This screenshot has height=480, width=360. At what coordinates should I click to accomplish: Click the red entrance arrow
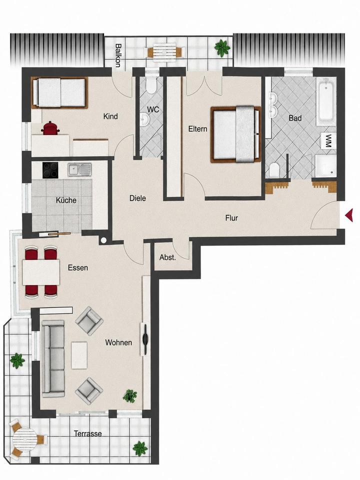[349, 214]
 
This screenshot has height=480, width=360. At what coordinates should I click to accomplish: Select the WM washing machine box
[328, 140]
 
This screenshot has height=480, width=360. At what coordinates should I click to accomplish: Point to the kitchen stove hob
[50, 170]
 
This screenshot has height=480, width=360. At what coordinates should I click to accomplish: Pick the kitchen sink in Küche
[79, 169]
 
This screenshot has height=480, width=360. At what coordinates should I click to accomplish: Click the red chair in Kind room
[50, 128]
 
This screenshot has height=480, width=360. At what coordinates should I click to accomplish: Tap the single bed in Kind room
[59, 93]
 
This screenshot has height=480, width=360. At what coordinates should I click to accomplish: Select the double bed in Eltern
[235, 134]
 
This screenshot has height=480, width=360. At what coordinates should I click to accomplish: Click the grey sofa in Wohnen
[53, 358]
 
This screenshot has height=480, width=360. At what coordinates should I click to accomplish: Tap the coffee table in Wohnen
[79, 355]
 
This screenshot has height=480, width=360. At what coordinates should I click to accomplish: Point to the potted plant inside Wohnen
[130, 396]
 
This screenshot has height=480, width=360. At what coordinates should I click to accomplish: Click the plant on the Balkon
[222, 47]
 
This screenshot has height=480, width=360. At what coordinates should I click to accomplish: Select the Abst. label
[168, 258]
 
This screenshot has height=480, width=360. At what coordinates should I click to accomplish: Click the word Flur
[231, 218]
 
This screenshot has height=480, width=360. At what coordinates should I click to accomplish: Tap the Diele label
[138, 198]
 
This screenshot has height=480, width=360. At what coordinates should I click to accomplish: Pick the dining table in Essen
[41, 272]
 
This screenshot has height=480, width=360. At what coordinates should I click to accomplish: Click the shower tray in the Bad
[326, 165]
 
